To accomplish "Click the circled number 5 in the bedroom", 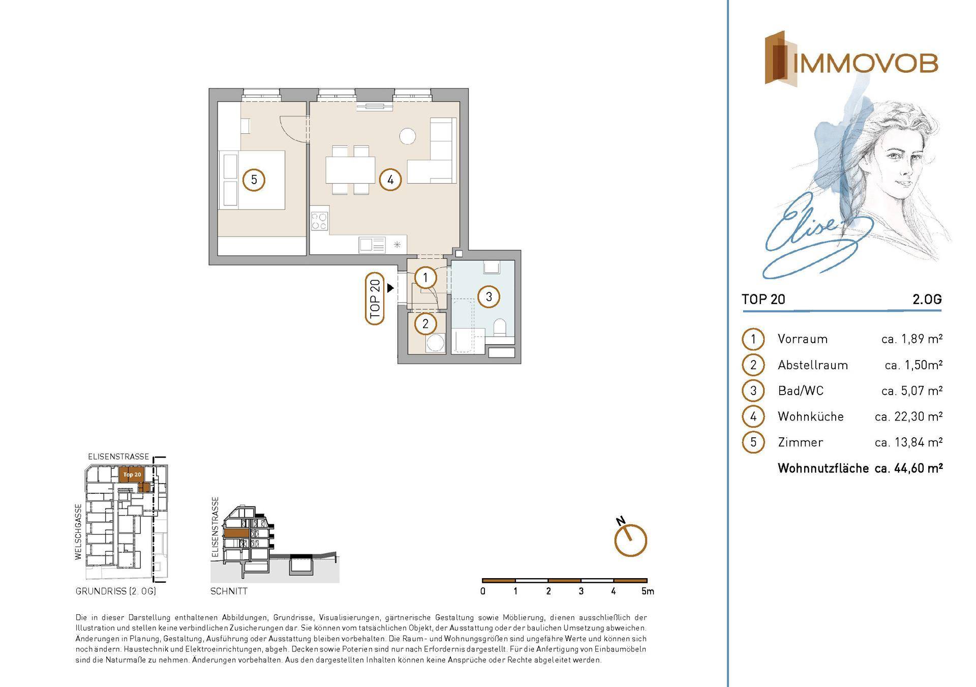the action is [x=254, y=180].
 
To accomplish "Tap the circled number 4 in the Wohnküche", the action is [x=390, y=180].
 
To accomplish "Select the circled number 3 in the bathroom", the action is [x=489, y=296].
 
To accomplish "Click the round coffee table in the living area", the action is [x=407, y=136].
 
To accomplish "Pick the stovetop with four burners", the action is [x=319, y=221].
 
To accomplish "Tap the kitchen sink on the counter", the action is [x=372, y=245].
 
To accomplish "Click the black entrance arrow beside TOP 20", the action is [x=390, y=288].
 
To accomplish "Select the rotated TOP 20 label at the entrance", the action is [x=375, y=298].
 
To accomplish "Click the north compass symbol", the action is [x=630, y=539].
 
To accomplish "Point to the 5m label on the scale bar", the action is [x=648, y=591].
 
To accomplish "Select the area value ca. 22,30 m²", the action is [x=909, y=416].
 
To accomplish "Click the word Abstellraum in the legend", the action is [x=813, y=365].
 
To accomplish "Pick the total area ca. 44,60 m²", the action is [x=909, y=468].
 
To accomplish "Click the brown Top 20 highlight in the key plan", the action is [x=132, y=474].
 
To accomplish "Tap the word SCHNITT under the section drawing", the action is [x=229, y=591].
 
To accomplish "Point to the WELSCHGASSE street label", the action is [x=78, y=532].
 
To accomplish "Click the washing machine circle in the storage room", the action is [x=436, y=343].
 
